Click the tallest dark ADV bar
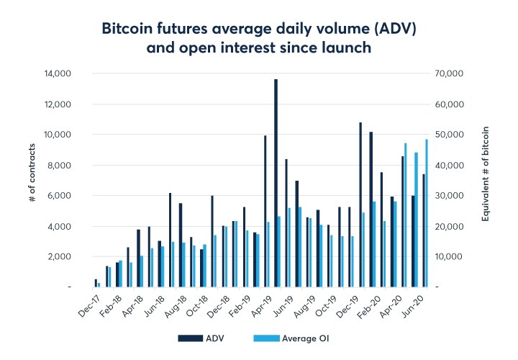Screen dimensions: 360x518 click(x=276, y=183)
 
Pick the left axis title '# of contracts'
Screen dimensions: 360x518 click(x=33, y=180)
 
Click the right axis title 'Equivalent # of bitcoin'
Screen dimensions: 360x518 click(x=486, y=180)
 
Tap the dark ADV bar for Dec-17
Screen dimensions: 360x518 click(x=96, y=283)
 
